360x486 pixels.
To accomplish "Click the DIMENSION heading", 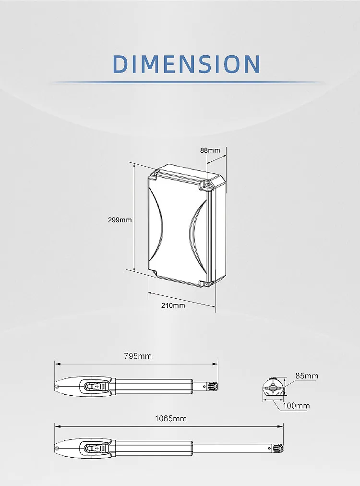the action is click(187, 64).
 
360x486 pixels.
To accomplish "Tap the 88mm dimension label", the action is click(210, 150).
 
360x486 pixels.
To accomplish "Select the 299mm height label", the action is click(120, 220).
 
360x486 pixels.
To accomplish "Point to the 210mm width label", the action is click(173, 305).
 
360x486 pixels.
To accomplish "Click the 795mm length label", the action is click(138, 356).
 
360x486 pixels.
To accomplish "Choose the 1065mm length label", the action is click(171, 419).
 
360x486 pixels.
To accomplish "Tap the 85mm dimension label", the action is click(307, 376).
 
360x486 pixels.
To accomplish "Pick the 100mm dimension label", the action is click(296, 406).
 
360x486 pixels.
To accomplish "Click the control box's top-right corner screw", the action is click(208, 185).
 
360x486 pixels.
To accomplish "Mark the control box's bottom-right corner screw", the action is click(207, 283).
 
